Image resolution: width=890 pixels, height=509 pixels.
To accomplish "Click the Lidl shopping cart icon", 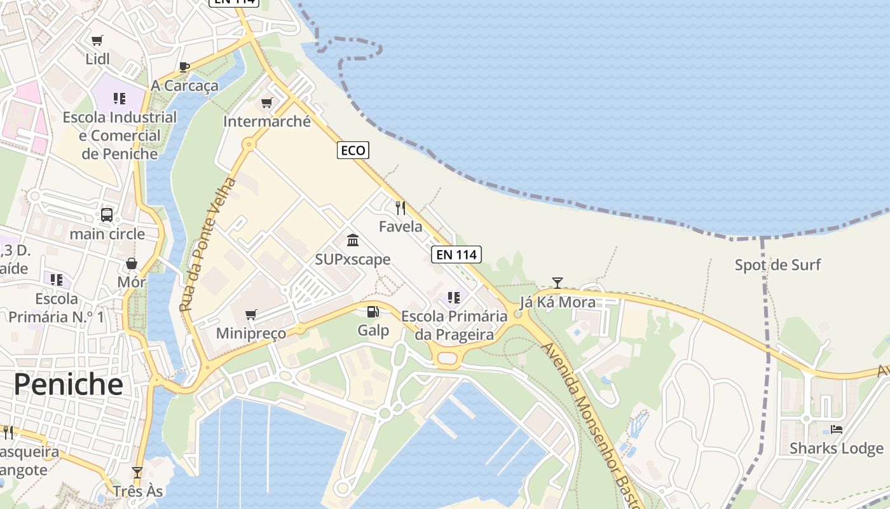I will (97, 41).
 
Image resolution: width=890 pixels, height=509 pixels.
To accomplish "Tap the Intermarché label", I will (267, 121).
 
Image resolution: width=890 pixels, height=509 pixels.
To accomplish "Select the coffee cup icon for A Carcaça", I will (184, 67).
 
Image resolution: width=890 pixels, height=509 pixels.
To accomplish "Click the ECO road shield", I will (353, 150).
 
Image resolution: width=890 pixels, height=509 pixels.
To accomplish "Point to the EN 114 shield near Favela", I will (456, 254).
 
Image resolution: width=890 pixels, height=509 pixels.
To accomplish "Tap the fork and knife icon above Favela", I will (400, 207).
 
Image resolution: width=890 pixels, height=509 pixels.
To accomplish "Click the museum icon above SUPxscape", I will (353, 240).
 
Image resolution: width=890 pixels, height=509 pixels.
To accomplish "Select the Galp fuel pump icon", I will (373, 311).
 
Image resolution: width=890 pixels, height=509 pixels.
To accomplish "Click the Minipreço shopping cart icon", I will (251, 314).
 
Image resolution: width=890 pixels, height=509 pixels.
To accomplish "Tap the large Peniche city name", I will (68, 384).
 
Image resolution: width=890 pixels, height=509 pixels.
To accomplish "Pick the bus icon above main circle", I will (107, 215).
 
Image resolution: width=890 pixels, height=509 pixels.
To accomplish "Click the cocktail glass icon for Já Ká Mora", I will (558, 282).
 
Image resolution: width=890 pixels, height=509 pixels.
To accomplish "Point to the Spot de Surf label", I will (777, 265).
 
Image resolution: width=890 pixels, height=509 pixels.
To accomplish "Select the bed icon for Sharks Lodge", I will (837, 429).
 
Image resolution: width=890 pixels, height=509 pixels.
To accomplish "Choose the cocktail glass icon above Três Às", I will (137, 472).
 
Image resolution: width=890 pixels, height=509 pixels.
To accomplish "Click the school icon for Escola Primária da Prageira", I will (454, 297).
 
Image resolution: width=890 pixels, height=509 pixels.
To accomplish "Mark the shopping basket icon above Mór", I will (132, 263).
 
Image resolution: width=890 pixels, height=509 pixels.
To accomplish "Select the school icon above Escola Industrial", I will (120, 99).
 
